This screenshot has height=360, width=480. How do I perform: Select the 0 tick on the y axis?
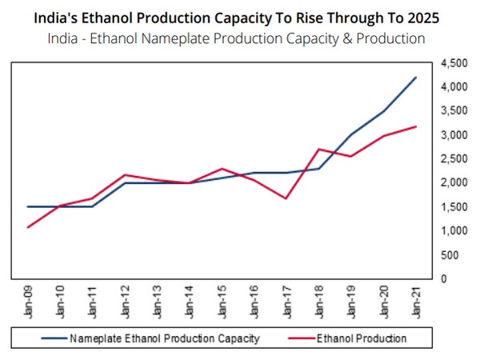pyautogui.click(x=442, y=278)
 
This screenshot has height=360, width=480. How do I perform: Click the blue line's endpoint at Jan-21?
pyautogui.click(x=416, y=77)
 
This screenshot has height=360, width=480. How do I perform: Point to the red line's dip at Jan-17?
pyautogui.click(x=286, y=198)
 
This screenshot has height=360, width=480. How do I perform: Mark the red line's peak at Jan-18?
pyautogui.click(x=318, y=149)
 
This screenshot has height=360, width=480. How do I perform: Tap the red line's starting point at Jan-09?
pyautogui.click(x=29, y=227)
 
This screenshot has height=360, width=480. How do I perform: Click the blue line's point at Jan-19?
pyautogui.click(x=351, y=134)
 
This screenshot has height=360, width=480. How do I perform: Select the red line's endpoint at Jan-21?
pyautogui.click(x=416, y=126)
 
